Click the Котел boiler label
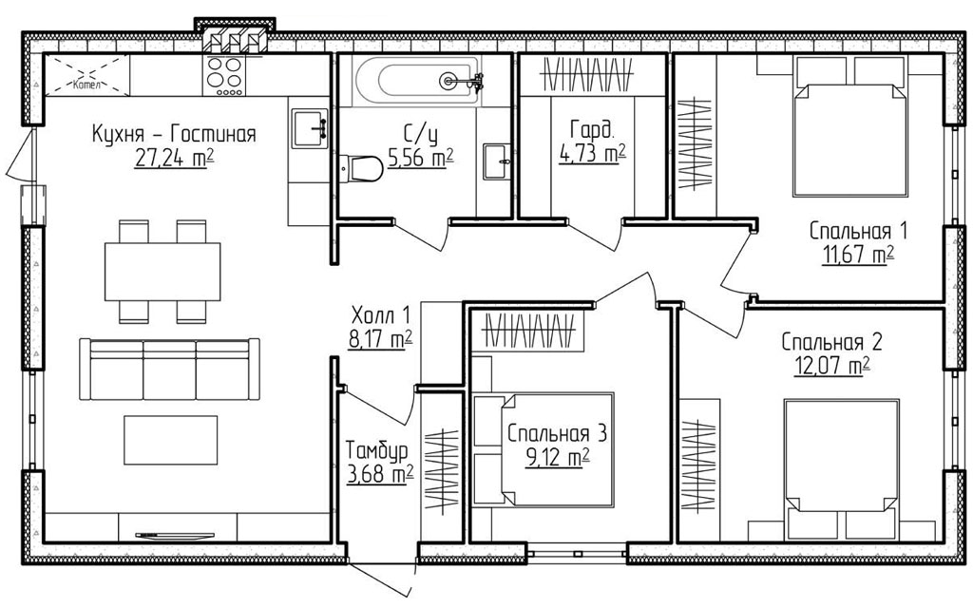(86, 85)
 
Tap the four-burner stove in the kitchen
(224, 76)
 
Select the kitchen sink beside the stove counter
(310, 128)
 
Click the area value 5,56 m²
(420, 159)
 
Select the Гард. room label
(592, 129)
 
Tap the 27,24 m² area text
(174, 160)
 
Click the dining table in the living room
(162, 272)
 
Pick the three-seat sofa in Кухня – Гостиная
(169, 370)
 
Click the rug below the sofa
(171, 440)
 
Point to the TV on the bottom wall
(174, 534)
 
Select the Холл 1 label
(380, 315)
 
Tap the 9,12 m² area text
(557, 458)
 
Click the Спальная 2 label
(831, 341)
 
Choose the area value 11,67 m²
(858, 255)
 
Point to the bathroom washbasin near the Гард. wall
(497, 161)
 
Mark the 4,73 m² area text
(592, 153)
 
